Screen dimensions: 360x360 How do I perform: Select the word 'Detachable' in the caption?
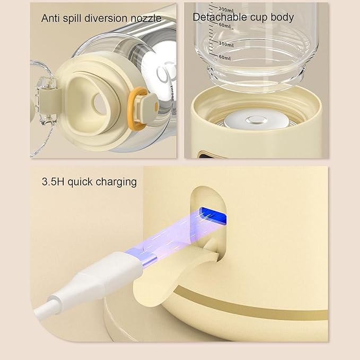click(218, 17)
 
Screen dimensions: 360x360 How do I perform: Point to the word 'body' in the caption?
click(281, 17)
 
